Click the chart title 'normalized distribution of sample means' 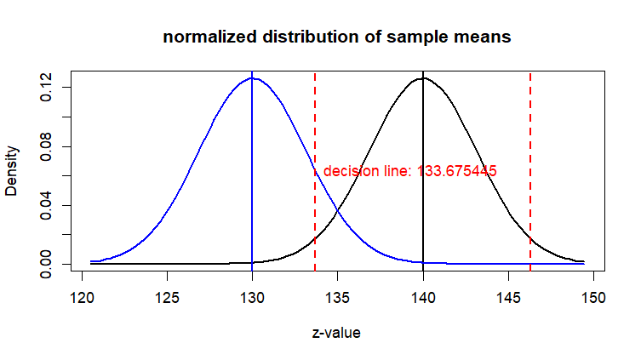337,37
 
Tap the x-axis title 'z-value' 336,333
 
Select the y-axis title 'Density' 12,170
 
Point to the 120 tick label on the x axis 82,298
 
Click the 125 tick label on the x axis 167,298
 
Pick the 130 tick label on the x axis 252,298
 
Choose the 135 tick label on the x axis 338,298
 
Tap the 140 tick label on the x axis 423,298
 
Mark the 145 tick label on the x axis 508,298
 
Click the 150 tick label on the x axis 593,298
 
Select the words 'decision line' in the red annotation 367,171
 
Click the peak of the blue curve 252,78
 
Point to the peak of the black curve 423,78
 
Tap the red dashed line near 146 530,170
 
